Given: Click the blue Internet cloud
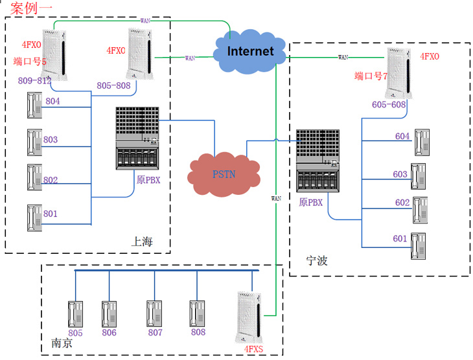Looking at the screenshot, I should [x=250, y=51].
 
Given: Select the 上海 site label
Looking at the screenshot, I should [x=142, y=242].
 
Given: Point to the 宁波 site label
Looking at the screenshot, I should [x=317, y=261].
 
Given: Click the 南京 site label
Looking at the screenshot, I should [x=62, y=343].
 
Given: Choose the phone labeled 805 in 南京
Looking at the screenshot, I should [x=76, y=314].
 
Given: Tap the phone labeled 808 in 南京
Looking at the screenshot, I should [x=198, y=313].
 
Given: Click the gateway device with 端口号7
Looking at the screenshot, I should [x=398, y=73].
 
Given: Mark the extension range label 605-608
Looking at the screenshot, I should [x=389, y=104].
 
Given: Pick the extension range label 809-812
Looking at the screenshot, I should [x=34, y=81].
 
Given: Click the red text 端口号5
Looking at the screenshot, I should [x=30, y=62].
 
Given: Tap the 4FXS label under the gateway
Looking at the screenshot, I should [x=253, y=350].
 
